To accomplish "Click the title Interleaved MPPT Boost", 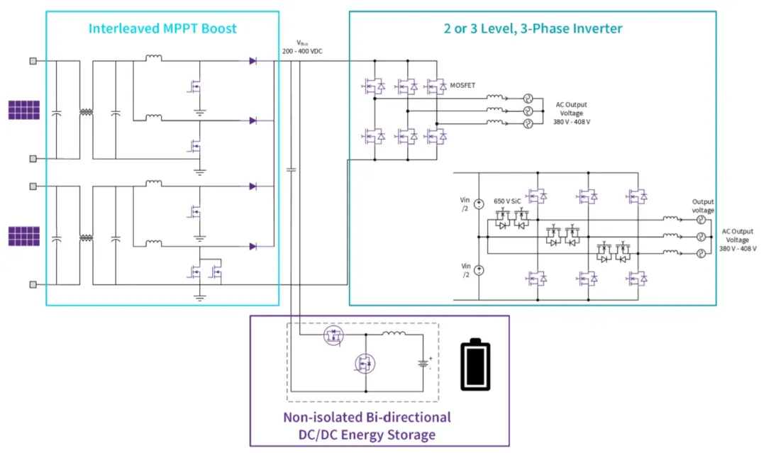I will (162, 29).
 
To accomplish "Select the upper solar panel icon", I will (23, 110).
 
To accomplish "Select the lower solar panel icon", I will (23, 235).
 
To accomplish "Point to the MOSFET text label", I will (462, 85).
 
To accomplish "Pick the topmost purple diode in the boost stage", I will (252, 61).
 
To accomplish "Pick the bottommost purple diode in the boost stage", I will (252, 246).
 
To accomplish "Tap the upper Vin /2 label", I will (465, 204).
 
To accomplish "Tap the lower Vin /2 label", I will (465, 269).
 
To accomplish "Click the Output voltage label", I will (703, 206).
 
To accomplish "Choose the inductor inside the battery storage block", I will (392, 332).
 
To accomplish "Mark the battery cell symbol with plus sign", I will (424, 363).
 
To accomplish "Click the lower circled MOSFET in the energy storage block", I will (365, 364).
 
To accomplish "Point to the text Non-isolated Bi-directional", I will (367, 417).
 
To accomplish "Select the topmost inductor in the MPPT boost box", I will (153, 59).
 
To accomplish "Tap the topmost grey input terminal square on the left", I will (33, 61).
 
